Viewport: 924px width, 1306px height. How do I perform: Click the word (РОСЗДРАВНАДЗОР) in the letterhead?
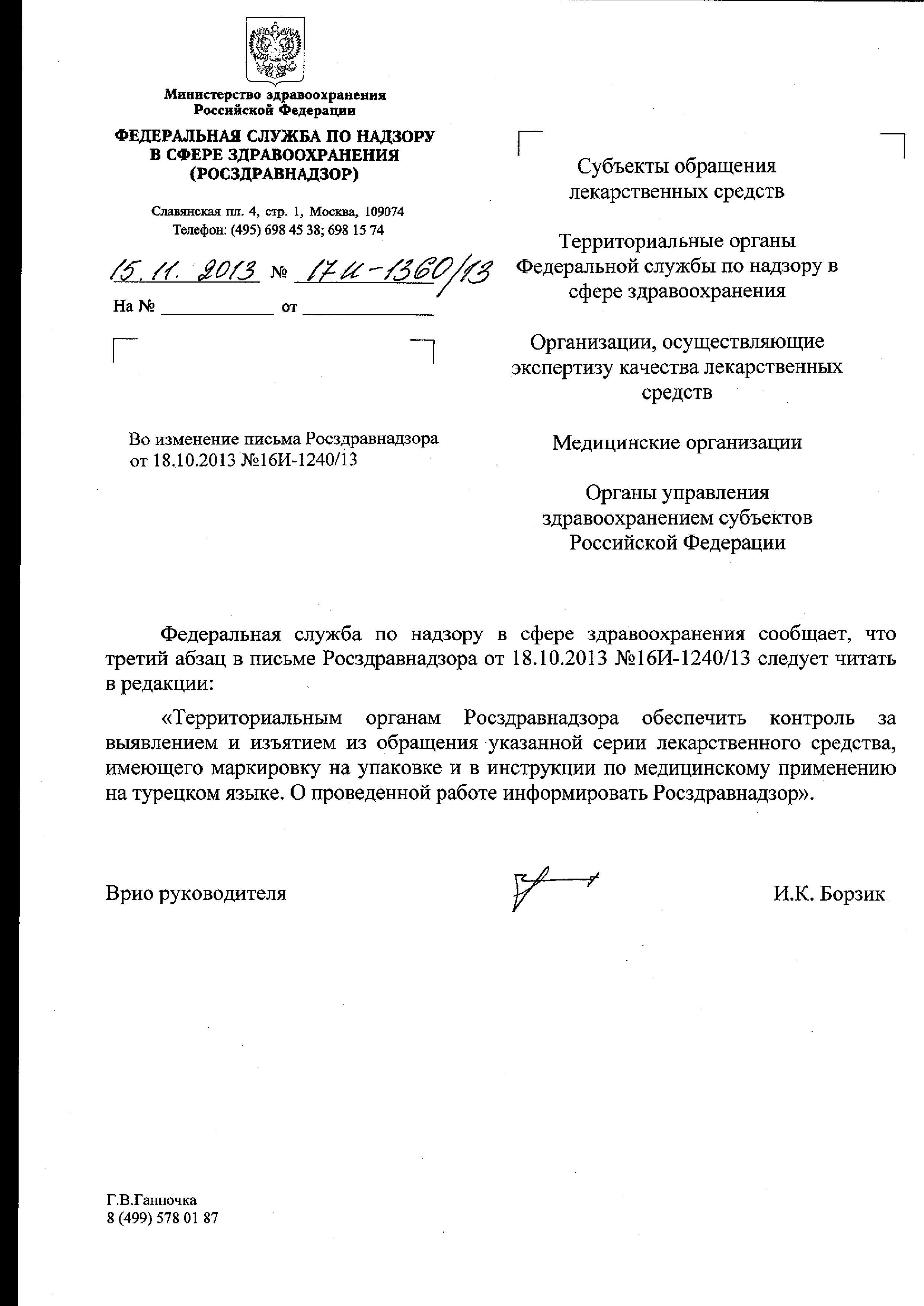[274, 173]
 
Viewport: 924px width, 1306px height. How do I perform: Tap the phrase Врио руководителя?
[196, 894]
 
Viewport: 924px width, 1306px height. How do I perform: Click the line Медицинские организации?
[677, 442]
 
